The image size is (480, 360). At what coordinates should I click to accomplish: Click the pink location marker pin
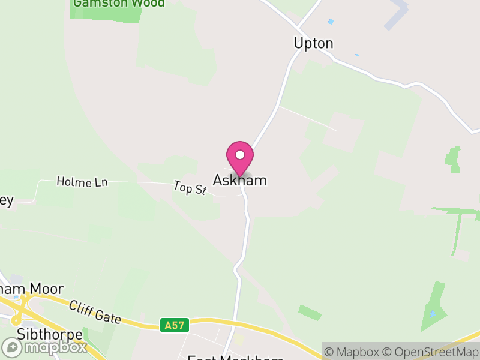(x=240, y=158)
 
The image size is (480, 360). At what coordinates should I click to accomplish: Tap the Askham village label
(x=239, y=180)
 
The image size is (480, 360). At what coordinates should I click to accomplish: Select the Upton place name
(x=313, y=43)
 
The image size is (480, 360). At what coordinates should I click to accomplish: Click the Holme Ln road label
(x=82, y=181)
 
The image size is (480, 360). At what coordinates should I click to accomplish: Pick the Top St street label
(x=190, y=188)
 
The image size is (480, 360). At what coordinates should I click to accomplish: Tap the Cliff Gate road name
(x=95, y=313)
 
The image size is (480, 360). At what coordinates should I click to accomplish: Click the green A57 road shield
(x=175, y=325)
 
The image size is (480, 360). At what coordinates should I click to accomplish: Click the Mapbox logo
(x=44, y=347)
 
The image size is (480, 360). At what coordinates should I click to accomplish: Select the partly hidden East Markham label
(x=235, y=358)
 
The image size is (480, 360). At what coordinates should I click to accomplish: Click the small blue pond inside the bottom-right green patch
(x=431, y=314)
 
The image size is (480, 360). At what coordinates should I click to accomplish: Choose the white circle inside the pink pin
(x=240, y=155)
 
